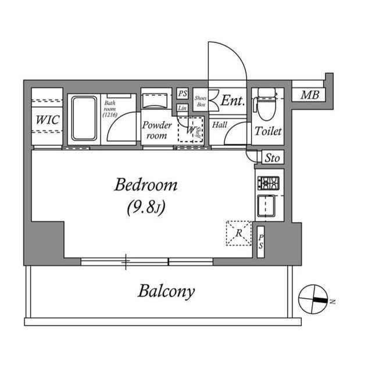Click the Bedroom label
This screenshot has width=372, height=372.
[145, 185]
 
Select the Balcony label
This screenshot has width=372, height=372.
[166, 291]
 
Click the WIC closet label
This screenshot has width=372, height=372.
[46, 120]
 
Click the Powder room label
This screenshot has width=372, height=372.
[157, 130]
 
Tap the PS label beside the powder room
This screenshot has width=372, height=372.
[183, 94]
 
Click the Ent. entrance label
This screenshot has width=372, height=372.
[232, 101]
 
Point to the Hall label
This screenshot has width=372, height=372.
[219, 124]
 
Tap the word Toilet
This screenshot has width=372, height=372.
[267, 131]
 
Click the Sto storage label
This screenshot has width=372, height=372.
[272, 158]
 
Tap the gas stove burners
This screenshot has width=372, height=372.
[269, 183]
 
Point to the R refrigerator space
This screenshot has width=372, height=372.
[239, 233]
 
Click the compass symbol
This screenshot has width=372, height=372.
[313, 299]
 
